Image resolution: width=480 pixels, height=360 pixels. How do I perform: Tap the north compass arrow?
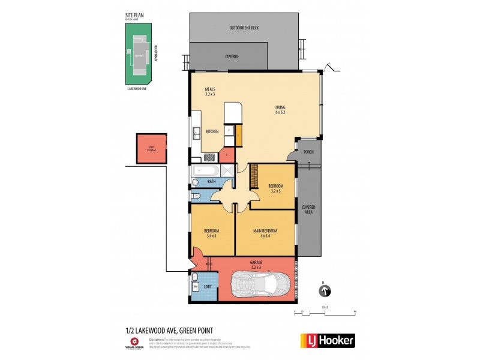(325, 292)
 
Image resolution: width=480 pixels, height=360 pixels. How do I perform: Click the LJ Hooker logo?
(327, 340)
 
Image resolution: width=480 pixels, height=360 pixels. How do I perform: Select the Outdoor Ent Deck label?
(244, 28)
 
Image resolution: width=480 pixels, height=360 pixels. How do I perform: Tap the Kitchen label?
(212, 131)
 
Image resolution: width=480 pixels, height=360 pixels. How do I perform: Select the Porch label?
(309, 152)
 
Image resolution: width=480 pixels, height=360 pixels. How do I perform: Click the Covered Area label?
(309, 209)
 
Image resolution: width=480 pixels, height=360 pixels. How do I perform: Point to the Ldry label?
(208, 287)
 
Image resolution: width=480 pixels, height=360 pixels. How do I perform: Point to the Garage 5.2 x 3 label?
(256, 264)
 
